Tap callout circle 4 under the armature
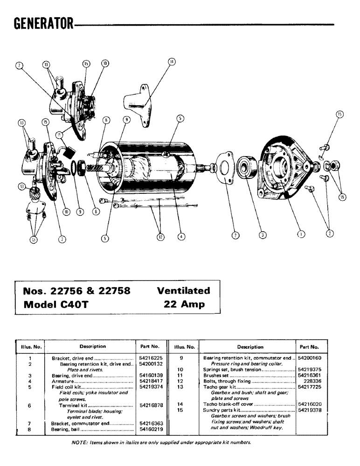(x=181, y=237)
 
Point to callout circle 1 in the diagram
(x=301, y=234)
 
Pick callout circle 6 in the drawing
(x=106, y=120)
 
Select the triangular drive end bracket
(x=282, y=165)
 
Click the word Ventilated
(x=183, y=291)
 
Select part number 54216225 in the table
(x=150, y=358)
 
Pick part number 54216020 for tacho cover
(x=308, y=404)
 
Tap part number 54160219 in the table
(x=150, y=429)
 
